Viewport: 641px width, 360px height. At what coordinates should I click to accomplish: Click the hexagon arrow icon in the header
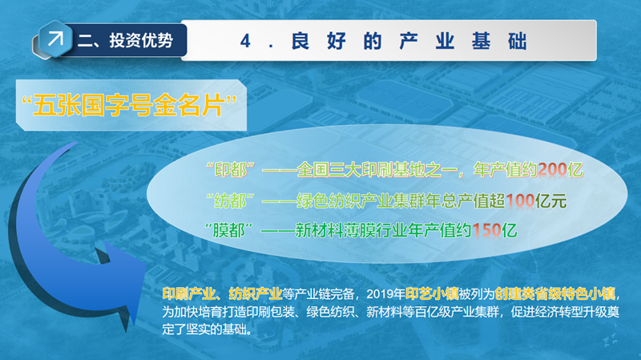coord(55,38)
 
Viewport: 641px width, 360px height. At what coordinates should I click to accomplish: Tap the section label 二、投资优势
coord(126,41)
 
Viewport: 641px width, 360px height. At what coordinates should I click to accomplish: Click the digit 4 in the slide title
coord(245,42)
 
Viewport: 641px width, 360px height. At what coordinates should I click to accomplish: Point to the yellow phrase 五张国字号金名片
coord(129,105)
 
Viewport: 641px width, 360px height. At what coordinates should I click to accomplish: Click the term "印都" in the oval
coord(231,170)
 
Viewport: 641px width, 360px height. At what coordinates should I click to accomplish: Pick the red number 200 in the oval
coord(552,170)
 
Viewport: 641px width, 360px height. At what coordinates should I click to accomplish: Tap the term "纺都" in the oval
coord(231,201)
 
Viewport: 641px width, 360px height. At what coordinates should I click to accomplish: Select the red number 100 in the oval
coord(520,201)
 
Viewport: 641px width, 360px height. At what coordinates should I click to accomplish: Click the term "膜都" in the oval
coord(229,231)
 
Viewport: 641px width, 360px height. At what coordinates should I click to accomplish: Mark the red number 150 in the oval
coord(486,231)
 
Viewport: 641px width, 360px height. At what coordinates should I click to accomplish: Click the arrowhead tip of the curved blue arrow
coord(147,263)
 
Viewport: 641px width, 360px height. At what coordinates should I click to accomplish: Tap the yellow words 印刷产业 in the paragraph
coord(189,293)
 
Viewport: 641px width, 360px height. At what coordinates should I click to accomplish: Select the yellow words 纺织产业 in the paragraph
coord(256,293)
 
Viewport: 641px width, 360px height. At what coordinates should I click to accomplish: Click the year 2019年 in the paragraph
coord(385,293)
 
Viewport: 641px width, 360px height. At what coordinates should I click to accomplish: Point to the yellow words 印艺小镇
coord(432,293)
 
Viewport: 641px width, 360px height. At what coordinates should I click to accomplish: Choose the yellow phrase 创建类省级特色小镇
coord(554,293)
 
